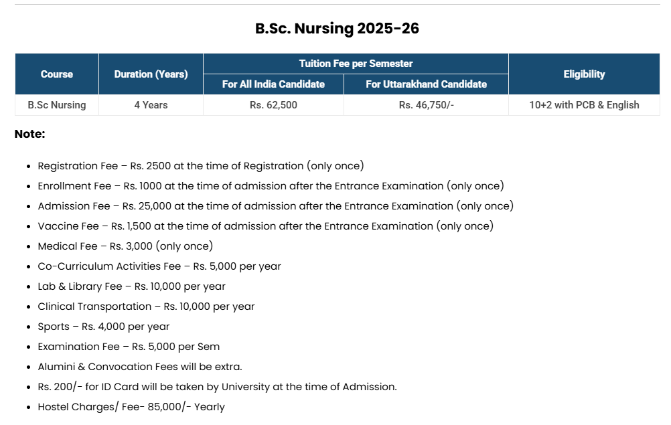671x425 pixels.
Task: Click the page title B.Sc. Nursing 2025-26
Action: tap(337, 29)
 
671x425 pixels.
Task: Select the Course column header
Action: tap(57, 74)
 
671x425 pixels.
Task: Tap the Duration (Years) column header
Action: tap(151, 74)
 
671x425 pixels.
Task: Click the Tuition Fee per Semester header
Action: tap(356, 64)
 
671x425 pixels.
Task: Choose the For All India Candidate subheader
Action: tap(273, 84)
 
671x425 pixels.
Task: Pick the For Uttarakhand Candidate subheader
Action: tap(426, 84)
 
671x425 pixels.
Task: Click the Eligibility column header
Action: tap(584, 74)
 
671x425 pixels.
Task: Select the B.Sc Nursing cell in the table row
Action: tap(57, 105)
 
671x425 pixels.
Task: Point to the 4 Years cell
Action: tap(151, 105)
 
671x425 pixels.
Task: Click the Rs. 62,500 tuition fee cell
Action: tap(273, 105)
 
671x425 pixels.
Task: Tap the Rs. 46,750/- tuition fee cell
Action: tap(426, 105)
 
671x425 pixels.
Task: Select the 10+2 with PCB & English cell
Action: tap(584, 105)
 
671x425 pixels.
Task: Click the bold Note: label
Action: tap(29, 134)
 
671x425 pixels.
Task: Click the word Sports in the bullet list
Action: tap(54, 327)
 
